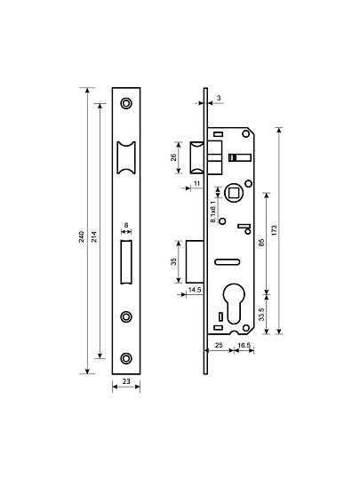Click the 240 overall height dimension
click(82, 236)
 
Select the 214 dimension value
click(94, 236)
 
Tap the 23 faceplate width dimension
click(126, 381)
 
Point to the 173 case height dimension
click(275, 230)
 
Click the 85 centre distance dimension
click(261, 243)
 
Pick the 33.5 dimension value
click(261, 314)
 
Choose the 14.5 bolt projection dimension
click(195, 290)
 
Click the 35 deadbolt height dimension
click(173, 261)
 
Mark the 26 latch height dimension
click(173, 157)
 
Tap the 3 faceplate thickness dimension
click(219, 98)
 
